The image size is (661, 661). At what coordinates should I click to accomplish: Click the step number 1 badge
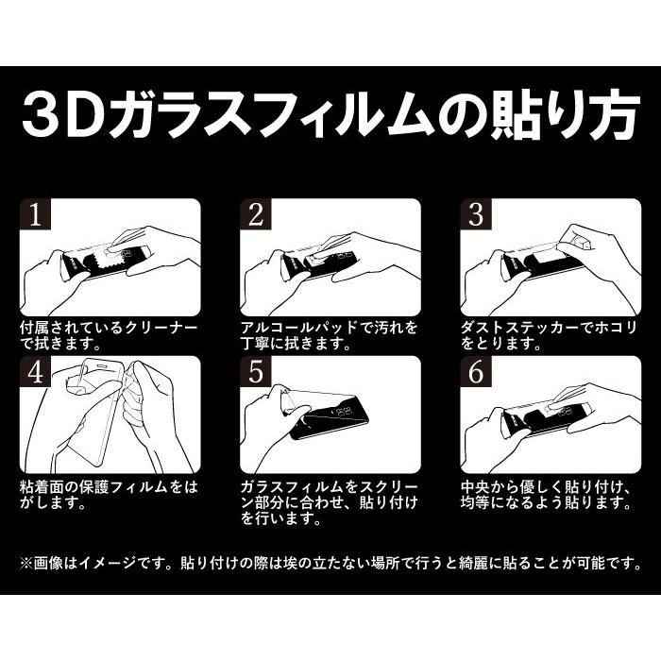tap(36, 217)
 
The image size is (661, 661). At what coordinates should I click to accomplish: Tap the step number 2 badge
tap(256, 217)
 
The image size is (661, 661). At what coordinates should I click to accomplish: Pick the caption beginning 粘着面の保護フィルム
tap(109, 494)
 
